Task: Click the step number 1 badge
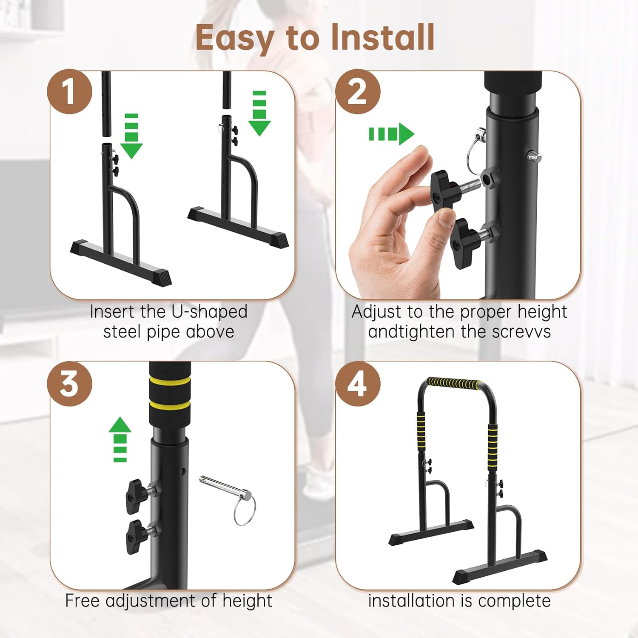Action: (69, 91)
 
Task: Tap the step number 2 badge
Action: (358, 91)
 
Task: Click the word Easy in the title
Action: (234, 38)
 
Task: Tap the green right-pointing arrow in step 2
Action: (391, 134)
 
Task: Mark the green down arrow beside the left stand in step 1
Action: (131, 136)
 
